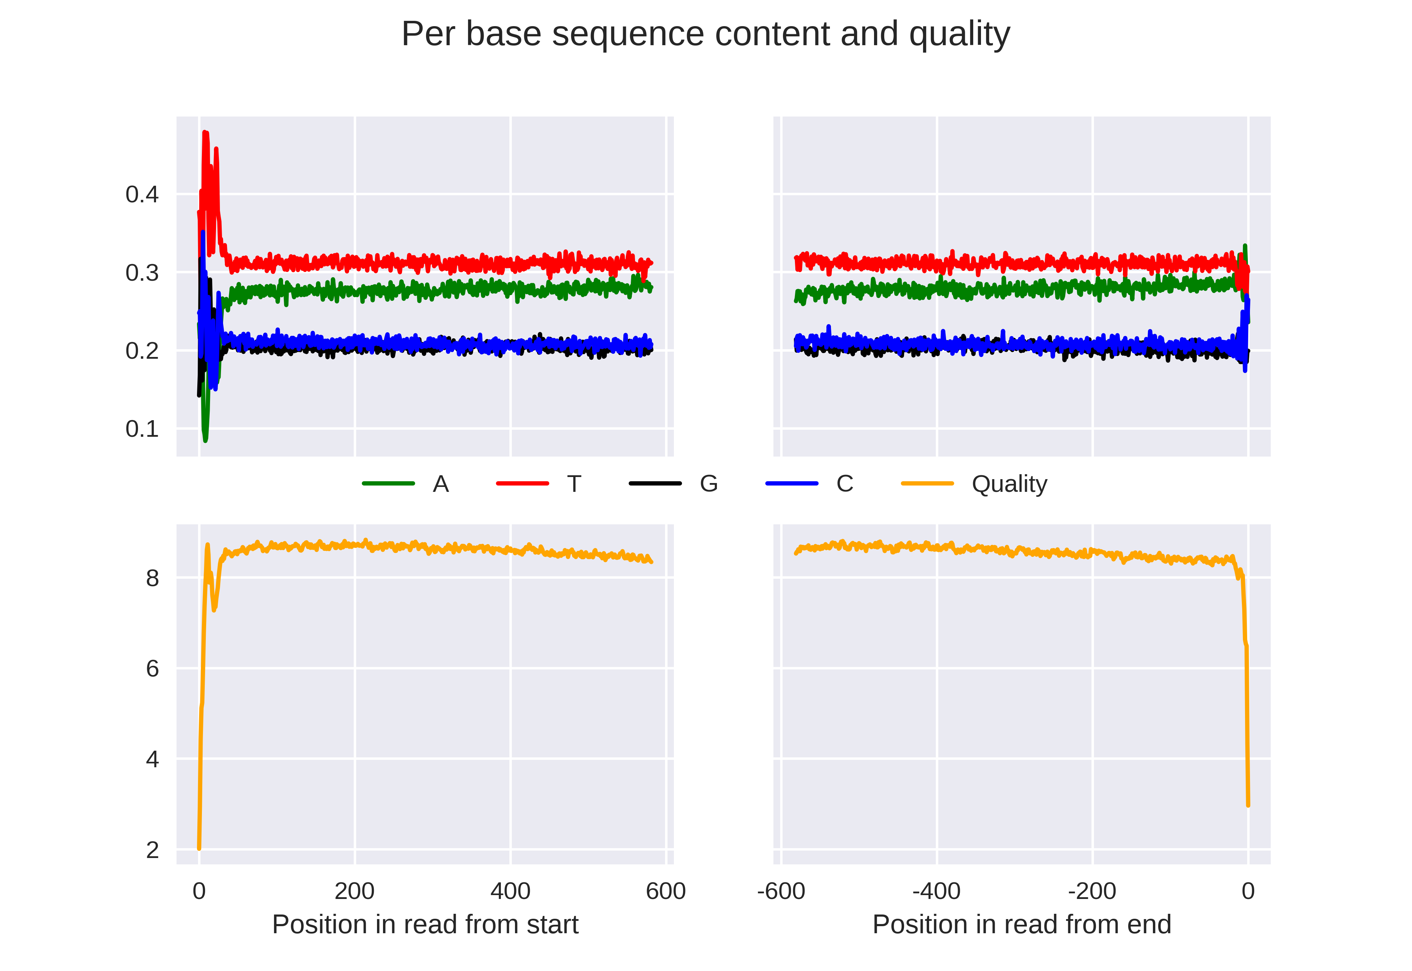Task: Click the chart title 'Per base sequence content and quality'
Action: [705, 34]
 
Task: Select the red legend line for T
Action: [522, 484]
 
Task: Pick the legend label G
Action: [708, 484]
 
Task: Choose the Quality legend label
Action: [1009, 484]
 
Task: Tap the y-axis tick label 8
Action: [152, 578]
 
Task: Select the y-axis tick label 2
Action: [152, 850]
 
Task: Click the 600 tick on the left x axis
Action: [666, 891]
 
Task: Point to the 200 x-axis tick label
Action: [354, 891]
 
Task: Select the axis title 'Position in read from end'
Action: [1022, 925]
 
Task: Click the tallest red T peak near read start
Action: [205, 133]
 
